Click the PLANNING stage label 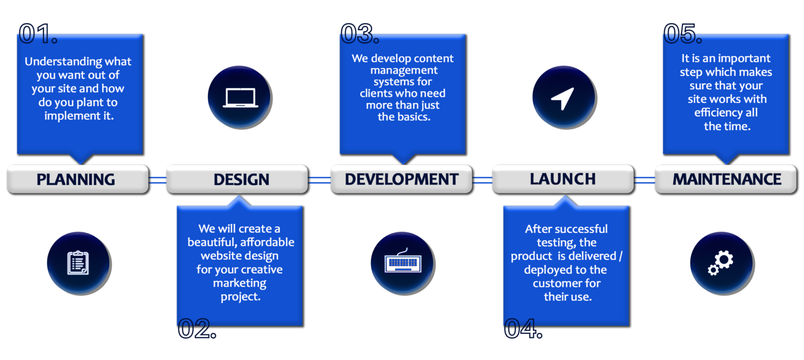(x=76, y=179)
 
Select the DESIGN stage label (x=241, y=179)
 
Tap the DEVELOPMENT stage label (x=401, y=179)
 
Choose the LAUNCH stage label (x=563, y=179)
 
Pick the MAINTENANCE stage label (x=727, y=179)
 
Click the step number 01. (x=38, y=33)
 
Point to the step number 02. (x=197, y=329)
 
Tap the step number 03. (x=360, y=33)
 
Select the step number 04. (x=523, y=329)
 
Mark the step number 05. (x=683, y=33)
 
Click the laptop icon (x=240, y=98)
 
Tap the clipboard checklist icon (x=78, y=263)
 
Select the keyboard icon (x=403, y=261)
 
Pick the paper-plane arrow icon (x=564, y=98)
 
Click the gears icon (x=721, y=263)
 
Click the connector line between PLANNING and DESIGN (x=158, y=180)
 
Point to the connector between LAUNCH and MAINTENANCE (x=645, y=180)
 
